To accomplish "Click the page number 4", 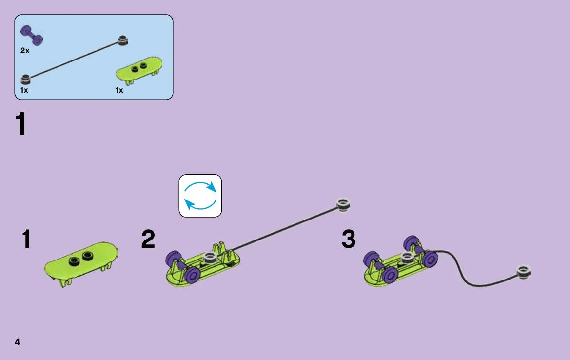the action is (17, 341).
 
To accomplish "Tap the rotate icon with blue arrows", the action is (200, 196).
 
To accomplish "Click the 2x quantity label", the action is (25, 51).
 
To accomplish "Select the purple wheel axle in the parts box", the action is (32, 35).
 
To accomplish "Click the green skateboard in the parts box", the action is (139, 70).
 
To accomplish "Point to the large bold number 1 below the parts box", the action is (20, 123).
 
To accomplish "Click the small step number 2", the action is (148, 239).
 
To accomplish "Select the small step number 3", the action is (348, 239).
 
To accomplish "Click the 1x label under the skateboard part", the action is (119, 90).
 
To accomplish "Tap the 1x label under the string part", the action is (24, 90).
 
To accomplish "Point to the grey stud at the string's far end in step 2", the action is (344, 204).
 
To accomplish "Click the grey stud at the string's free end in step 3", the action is (524, 272).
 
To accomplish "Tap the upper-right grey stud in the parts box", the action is (123, 40).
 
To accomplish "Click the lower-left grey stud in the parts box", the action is (25, 79).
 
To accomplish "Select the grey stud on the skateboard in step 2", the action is (210, 258).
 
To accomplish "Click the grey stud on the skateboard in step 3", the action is (407, 258).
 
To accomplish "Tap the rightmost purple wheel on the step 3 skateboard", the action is (430, 259).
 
